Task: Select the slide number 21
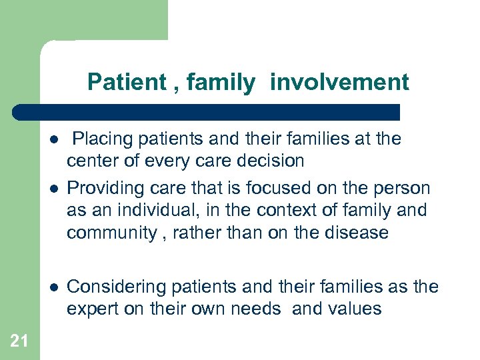click(19, 341)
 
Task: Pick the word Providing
click(99, 189)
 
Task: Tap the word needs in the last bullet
click(257, 309)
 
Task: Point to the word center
click(90, 161)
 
